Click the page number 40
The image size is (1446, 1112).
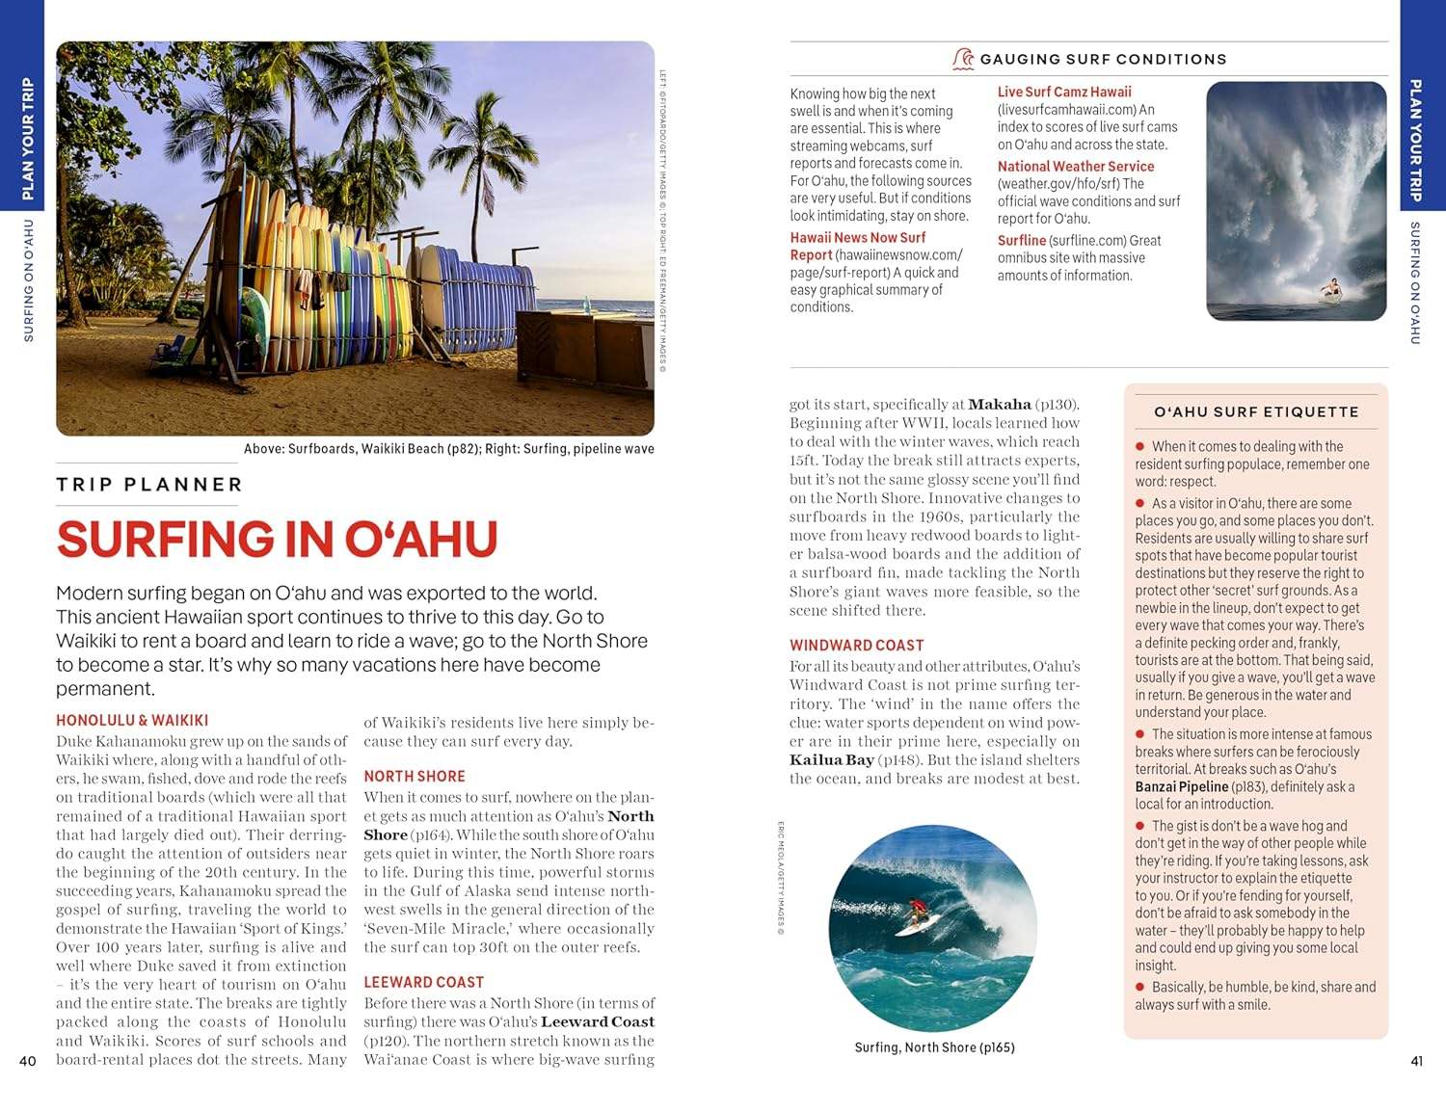click(x=28, y=1061)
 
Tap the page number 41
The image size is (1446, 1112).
click(x=1416, y=1061)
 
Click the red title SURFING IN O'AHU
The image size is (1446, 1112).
click(x=277, y=540)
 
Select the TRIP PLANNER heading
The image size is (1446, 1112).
click(x=148, y=485)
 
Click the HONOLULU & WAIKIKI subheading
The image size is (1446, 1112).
click(x=132, y=720)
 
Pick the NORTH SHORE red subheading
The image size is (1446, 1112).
click(x=415, y=776)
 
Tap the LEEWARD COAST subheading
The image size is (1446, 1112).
click(x=423, y=982)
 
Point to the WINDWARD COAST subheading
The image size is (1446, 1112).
click(x=856, y=645)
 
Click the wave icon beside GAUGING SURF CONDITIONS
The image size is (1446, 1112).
click(x=962, y=59)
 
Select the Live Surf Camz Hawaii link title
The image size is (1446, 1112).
click(x=1064, y=92)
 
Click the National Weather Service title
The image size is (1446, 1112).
click(x=1075, y=166)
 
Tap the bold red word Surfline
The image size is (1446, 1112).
click(x=1021, y=240)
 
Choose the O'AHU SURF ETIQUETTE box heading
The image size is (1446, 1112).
click(x=1256, y=411)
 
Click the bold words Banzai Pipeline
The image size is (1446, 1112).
click(x=1181, y=786)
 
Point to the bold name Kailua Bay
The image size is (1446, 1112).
click(x=832, y=759)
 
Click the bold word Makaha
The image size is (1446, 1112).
click(x=999, y=405)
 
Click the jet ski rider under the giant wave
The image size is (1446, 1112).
click(x=1330, y=288)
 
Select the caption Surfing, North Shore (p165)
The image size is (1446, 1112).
click(x=934, y=1047)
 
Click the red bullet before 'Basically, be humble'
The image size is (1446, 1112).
click(x=1139, y=987)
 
